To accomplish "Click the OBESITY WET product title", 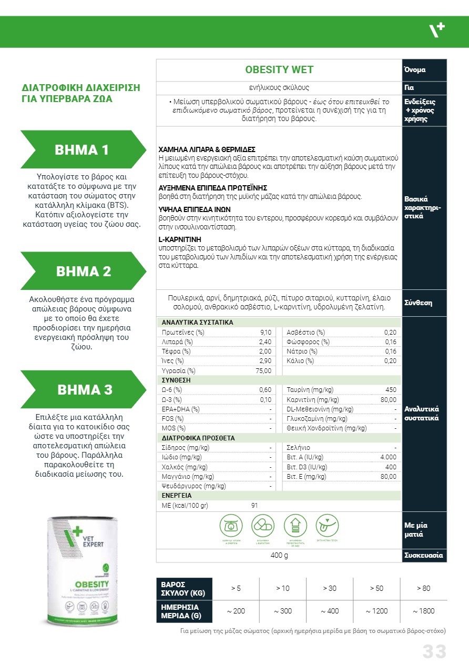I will (279, 70).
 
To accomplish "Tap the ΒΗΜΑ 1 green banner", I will (82, 149).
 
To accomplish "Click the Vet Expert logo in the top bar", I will (436, 32).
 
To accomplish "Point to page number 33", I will (434, 651).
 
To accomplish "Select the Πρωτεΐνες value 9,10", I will (266, 333).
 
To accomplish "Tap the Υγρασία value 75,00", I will (263, 370).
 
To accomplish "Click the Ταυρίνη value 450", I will (391, 390).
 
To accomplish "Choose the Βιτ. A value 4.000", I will (389, 457).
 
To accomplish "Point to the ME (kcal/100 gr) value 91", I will (254, 506).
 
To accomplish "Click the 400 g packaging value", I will (279, 556).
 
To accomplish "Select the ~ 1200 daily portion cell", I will (376, 611).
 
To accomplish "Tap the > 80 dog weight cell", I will (423, 588).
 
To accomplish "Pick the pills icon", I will (263, 525).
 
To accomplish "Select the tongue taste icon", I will (328, 525).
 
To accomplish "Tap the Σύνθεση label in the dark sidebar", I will (418, 303).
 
